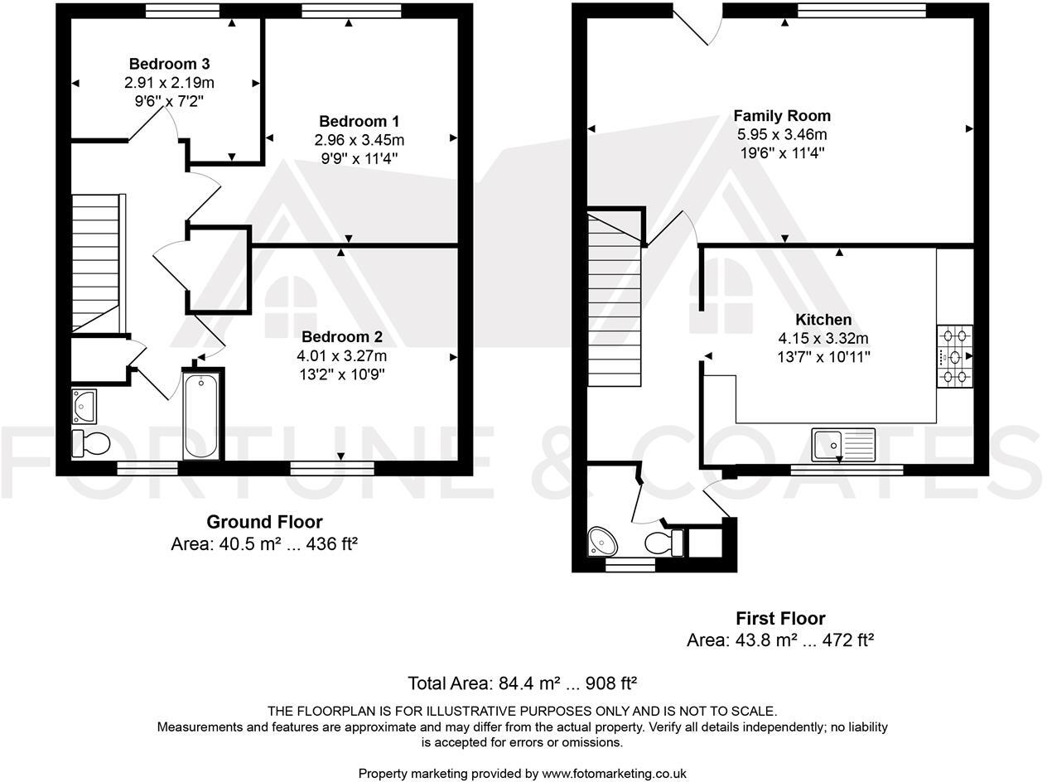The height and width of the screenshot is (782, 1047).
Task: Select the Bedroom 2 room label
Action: tap(341, 337)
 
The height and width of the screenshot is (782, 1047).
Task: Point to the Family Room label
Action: tap(781, 116)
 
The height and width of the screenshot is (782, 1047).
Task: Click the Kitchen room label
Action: tap(823, 320)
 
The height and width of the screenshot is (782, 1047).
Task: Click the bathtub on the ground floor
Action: tap(201, 416)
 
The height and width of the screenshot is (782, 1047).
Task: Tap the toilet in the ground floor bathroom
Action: tap(90, 443)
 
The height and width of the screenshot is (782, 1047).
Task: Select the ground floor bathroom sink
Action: tap(84, 404)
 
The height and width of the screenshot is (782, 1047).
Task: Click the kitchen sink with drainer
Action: tap(842, 444)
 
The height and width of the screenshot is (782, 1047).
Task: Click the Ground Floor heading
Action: tap(264, 522)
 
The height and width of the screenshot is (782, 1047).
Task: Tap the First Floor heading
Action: tap(780, 619)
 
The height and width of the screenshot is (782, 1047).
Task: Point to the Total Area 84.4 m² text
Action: tap(522, 683)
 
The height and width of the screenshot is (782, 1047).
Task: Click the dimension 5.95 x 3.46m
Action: tap(781, 134)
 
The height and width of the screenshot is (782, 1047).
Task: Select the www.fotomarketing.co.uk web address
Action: tap(614, 774)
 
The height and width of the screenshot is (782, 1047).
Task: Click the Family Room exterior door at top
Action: tap(697, 25)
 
